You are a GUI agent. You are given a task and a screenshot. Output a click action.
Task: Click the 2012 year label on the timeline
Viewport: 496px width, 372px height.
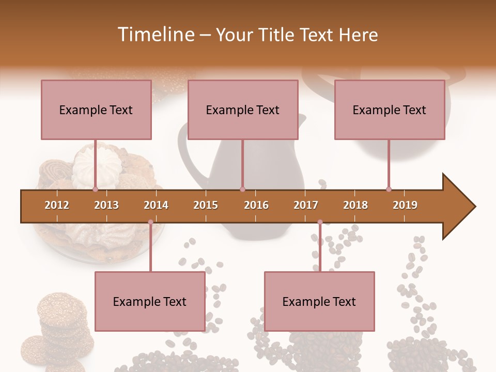pos(57,205)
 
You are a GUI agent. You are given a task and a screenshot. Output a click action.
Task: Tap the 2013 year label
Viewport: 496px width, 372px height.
pos(106,205)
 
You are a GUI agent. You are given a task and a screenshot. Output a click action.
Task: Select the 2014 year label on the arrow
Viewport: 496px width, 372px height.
pos(156,205)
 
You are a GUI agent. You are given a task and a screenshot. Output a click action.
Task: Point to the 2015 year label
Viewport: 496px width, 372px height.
pos(206,205)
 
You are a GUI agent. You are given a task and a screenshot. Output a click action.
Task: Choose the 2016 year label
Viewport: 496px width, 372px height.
pos(256,205)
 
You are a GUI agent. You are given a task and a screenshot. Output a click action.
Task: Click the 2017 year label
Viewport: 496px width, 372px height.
pos(306,205)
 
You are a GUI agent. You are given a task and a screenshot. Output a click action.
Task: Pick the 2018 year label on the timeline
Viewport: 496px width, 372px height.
pos(355,205)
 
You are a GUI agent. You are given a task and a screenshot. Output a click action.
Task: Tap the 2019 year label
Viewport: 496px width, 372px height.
pos(405,205)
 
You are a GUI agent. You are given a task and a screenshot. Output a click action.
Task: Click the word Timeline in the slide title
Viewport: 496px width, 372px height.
pos(154,35)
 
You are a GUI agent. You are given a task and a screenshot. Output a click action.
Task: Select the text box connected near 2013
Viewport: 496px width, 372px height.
pos(96,110)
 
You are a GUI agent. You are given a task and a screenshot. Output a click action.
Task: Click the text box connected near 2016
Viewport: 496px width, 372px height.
pos(243,110)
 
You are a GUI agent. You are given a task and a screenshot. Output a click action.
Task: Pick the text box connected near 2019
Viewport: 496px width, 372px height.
pos(390,110)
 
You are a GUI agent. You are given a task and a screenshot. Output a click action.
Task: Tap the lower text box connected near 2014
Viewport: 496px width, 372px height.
pos(150,301)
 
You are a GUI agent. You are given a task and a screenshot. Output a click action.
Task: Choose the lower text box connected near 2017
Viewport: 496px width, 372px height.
pos(319,301)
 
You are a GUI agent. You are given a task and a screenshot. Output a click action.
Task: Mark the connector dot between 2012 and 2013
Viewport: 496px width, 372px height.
pos(96,189)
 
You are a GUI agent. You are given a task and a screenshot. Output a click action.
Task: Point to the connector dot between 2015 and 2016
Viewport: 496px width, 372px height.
pos(242,189)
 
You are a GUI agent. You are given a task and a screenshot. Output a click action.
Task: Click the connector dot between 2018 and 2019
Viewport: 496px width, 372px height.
pos(389,189)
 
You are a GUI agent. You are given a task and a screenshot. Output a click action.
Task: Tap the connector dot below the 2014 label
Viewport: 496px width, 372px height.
pos(150,222)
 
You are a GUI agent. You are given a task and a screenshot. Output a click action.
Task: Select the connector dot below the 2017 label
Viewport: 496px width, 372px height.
pos(320,222)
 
